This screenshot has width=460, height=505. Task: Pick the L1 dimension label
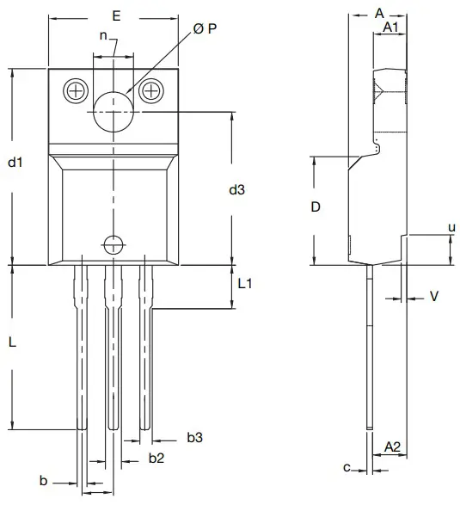[244, 283]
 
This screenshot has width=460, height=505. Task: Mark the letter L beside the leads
[13, 342]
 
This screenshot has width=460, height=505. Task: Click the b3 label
[194, 439]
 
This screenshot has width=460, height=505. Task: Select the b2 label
[156, 458]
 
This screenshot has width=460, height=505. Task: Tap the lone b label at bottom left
[44, 479]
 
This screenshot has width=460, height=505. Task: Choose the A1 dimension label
[390, 28]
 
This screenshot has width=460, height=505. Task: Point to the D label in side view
[316, 207]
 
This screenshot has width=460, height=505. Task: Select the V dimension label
[433, 296]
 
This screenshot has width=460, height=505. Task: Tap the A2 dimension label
[391, 446]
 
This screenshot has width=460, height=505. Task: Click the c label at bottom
[347, 468]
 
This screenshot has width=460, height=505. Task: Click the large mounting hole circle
[113, 111]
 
